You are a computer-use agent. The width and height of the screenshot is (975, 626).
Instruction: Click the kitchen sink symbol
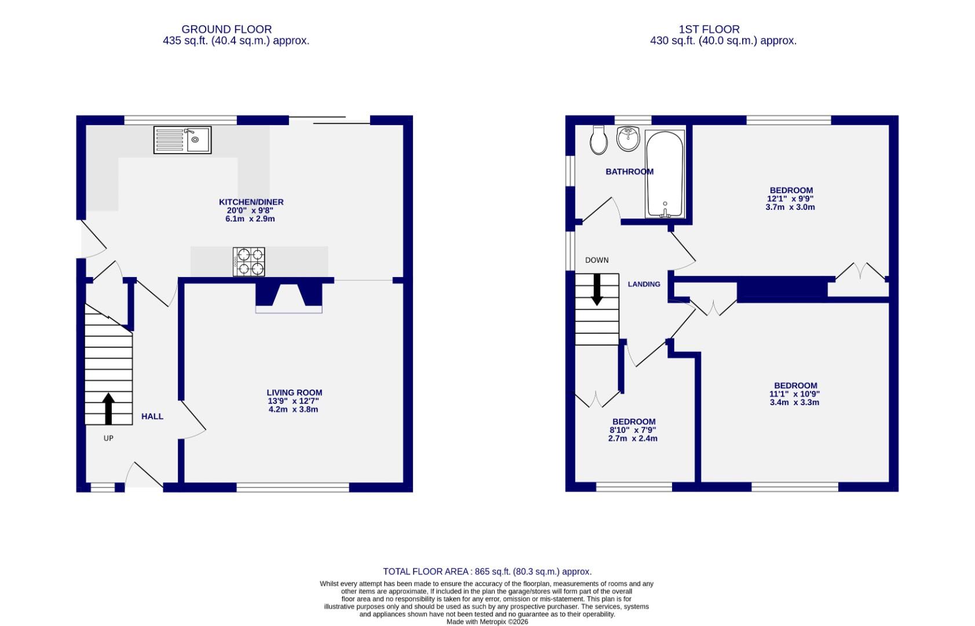pos(182,140)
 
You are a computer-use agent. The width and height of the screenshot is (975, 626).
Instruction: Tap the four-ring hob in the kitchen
pos(249,261)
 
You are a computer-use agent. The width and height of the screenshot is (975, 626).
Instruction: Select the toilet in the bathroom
pos(598,140)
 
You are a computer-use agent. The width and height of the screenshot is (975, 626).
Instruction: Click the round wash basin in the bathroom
pos(628,139)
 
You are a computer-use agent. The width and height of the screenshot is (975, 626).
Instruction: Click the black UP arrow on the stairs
pos(108,409)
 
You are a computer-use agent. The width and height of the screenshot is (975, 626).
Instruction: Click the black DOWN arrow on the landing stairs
pos(597,289)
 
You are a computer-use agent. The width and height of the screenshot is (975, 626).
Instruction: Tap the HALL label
pos(152,416)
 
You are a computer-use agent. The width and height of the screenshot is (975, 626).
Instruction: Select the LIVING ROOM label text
pos(294,392)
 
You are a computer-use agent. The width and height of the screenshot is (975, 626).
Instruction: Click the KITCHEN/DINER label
pos(251,202)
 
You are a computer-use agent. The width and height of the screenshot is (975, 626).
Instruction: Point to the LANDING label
pos(644,284)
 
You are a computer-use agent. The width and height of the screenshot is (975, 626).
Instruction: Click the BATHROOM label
pos(629,172)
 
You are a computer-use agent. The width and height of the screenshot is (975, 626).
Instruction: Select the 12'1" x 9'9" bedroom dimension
pos(790,198)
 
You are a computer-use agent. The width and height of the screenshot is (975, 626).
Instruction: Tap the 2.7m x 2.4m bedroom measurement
pos(633,439)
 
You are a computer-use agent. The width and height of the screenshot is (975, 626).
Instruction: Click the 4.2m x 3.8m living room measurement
pos(293,409)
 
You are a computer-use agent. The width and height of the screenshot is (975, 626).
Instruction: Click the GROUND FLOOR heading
pos(226,29)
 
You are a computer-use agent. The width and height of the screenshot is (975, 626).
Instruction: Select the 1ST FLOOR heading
pos(709,29)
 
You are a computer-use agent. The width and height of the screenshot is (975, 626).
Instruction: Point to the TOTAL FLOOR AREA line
pos(487,572)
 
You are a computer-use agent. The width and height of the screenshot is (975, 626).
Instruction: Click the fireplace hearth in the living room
pos(289,310)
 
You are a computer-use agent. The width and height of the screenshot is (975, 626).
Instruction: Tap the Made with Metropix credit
pos(487,621)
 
